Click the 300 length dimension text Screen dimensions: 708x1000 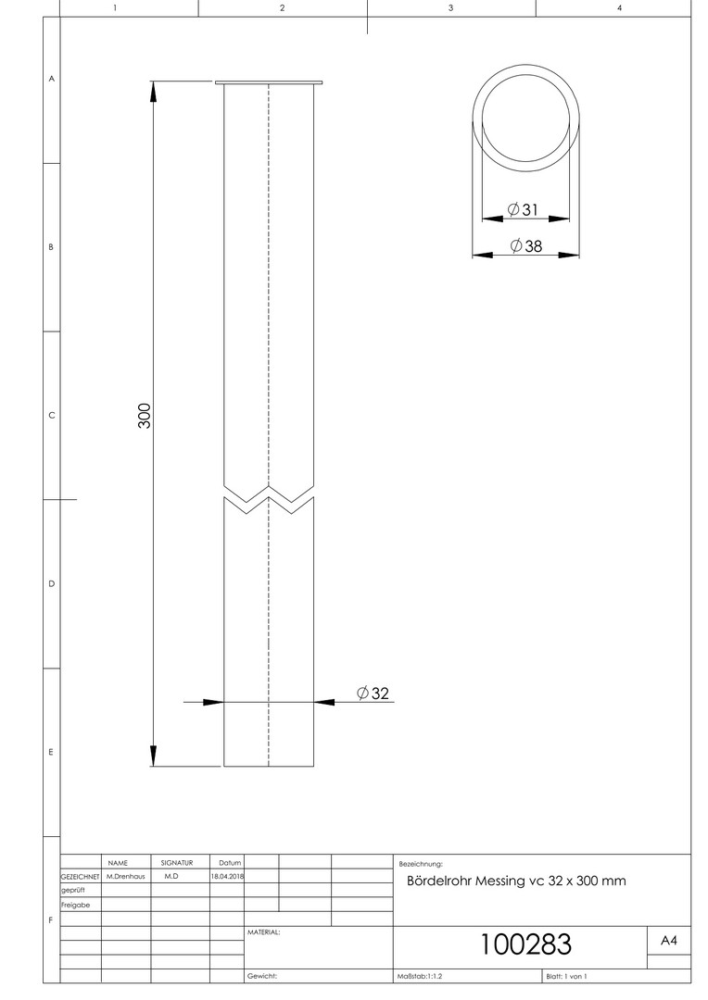(x=145, y=416)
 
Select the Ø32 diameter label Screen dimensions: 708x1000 (x=373, y=693)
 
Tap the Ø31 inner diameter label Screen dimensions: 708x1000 (x=523, y=209)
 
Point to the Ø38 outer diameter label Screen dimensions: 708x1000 (x=526, y=245)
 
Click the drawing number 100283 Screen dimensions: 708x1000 (x=525, y=944)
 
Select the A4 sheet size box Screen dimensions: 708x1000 (x=669, y=940)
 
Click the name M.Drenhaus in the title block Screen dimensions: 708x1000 (x=126, y=876)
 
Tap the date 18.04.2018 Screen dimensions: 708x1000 (x=227, y=876)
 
